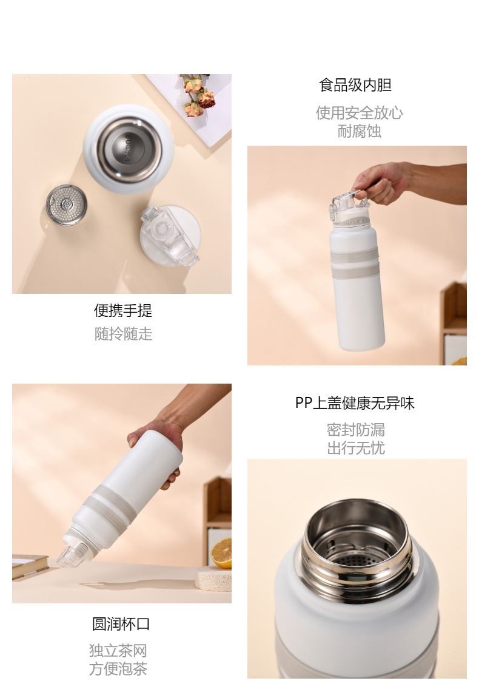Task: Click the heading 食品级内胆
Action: coord(355,85)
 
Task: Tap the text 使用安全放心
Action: coord(359,112)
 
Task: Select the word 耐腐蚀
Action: coord(359,131)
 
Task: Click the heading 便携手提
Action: coord(123,310)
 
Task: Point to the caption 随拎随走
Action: coord(123,334)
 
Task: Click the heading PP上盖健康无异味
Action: coord(355,403)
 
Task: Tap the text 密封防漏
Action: coord(356,429)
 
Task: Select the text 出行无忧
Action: coord(356,448)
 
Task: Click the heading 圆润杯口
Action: coord(121,623)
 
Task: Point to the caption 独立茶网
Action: coord(118,650)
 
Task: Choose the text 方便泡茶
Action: coord(118,668)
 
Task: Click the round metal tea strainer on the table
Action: coord(67,205)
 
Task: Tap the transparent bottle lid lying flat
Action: coord(170,236)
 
